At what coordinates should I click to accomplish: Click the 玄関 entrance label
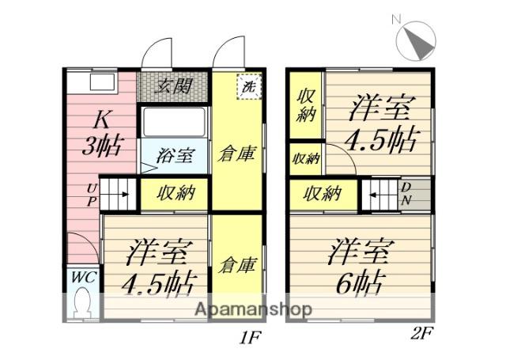[172, 86]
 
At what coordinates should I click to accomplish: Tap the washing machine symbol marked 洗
[249, 86]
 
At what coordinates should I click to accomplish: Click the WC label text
[84, 277]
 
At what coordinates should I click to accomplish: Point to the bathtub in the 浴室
[174, 123]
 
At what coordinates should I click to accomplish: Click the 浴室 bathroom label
[176, 156]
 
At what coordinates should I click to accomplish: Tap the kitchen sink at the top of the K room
[102, 82]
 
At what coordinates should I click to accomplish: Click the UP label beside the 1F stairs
[92, 195]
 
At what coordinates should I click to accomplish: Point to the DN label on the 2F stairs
[406, 195]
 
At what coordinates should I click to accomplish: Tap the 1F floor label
[250, 338]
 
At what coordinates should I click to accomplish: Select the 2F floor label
[421, 333]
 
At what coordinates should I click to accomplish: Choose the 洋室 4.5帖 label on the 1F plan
[159, 267]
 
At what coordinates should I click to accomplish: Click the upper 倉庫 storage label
[237, 153]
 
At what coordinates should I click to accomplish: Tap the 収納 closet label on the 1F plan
[176, 193]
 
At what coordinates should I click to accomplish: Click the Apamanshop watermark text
[253, 309]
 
